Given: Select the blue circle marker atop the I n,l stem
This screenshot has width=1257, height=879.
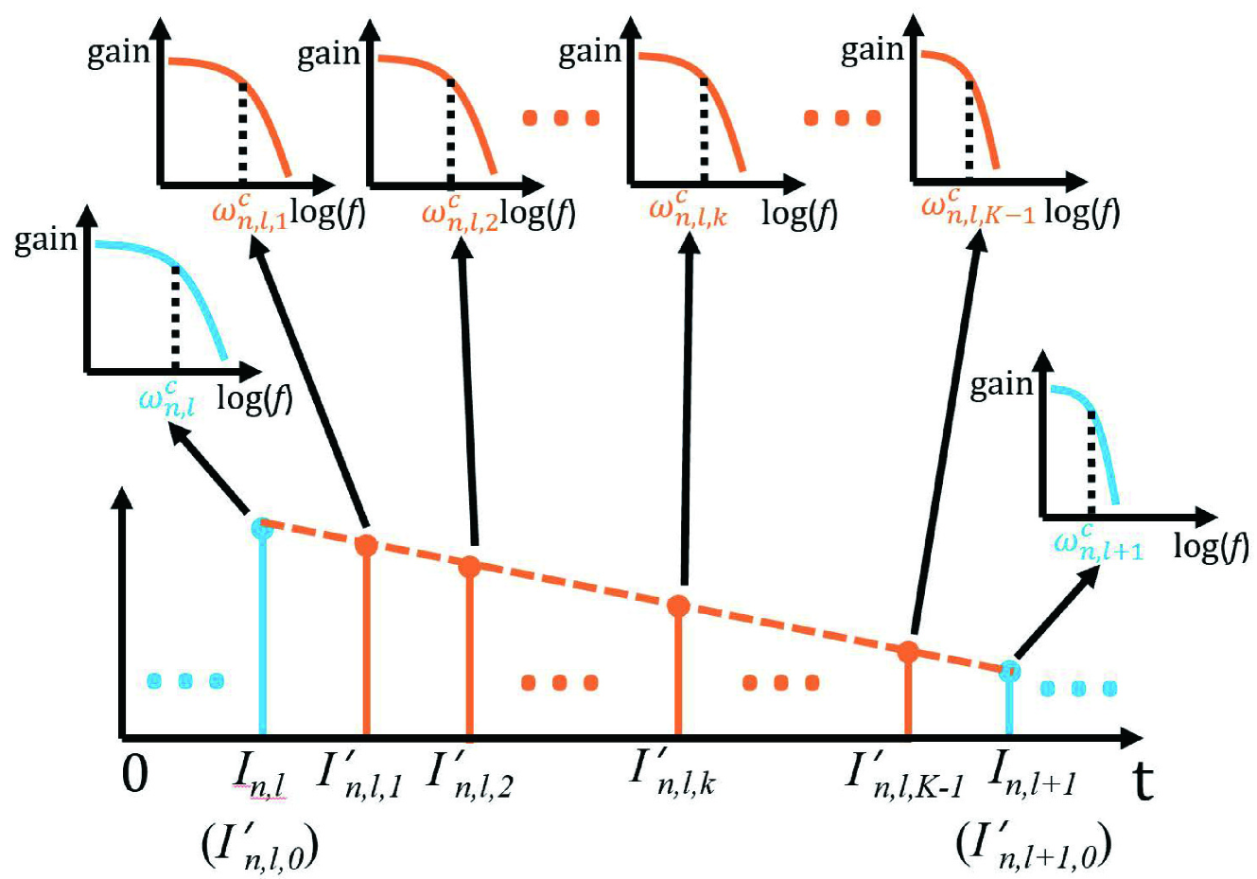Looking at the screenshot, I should pos(262,527).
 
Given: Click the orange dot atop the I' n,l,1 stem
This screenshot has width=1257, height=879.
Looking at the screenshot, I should pos(366,545).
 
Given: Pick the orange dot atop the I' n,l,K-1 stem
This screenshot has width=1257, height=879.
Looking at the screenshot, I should pos(908,651).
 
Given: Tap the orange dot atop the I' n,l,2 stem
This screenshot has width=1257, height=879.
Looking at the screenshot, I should pos(469,567).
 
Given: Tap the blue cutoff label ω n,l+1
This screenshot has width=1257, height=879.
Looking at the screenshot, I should pos(1097,543).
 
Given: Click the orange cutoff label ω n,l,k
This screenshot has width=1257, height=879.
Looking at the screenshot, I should pos(688,210).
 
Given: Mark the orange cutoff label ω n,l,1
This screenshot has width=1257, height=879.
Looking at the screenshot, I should pos(249,211).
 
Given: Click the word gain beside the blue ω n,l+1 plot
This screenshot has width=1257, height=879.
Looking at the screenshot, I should pos(1002,384).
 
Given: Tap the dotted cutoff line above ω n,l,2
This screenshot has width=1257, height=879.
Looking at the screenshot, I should pos(450,130).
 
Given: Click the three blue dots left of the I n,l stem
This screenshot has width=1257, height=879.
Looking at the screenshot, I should pos(186,680).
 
